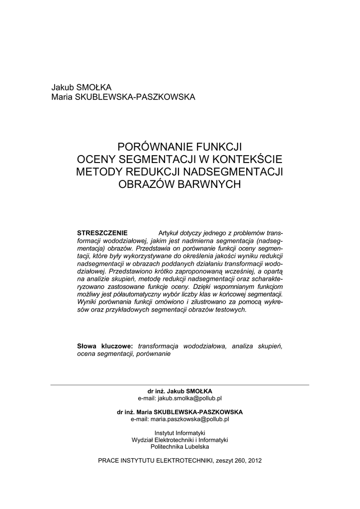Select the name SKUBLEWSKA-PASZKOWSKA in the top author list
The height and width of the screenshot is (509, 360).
click(134, 96)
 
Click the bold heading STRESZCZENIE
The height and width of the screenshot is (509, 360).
click(102, 233)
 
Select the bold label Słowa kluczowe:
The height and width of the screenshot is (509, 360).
click(105, 345)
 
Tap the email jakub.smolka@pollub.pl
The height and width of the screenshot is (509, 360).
click(189, 398)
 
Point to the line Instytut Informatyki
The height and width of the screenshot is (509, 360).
click(180, 433)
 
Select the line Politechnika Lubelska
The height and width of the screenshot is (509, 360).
click(180, 447)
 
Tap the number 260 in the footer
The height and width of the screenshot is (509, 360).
click(235, 460)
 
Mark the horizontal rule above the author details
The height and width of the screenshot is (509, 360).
click(180, 385)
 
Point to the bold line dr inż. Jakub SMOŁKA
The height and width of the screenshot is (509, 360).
click(180, 391)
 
